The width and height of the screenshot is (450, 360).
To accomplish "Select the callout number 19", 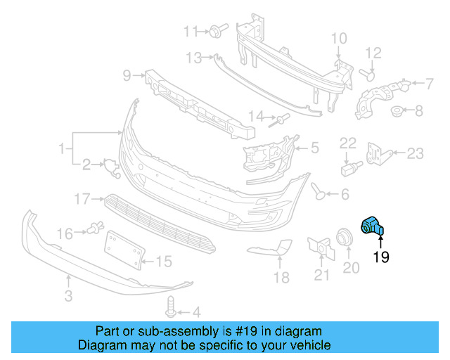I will click(380, 257).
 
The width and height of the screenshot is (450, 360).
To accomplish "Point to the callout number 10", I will click(338, 38).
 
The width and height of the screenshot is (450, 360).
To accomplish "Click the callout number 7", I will click(428, 84).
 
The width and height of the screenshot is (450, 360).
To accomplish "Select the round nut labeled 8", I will click(397, 110).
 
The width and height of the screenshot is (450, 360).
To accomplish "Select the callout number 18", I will click(281, 278).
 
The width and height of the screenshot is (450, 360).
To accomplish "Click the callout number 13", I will click(194, 57).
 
